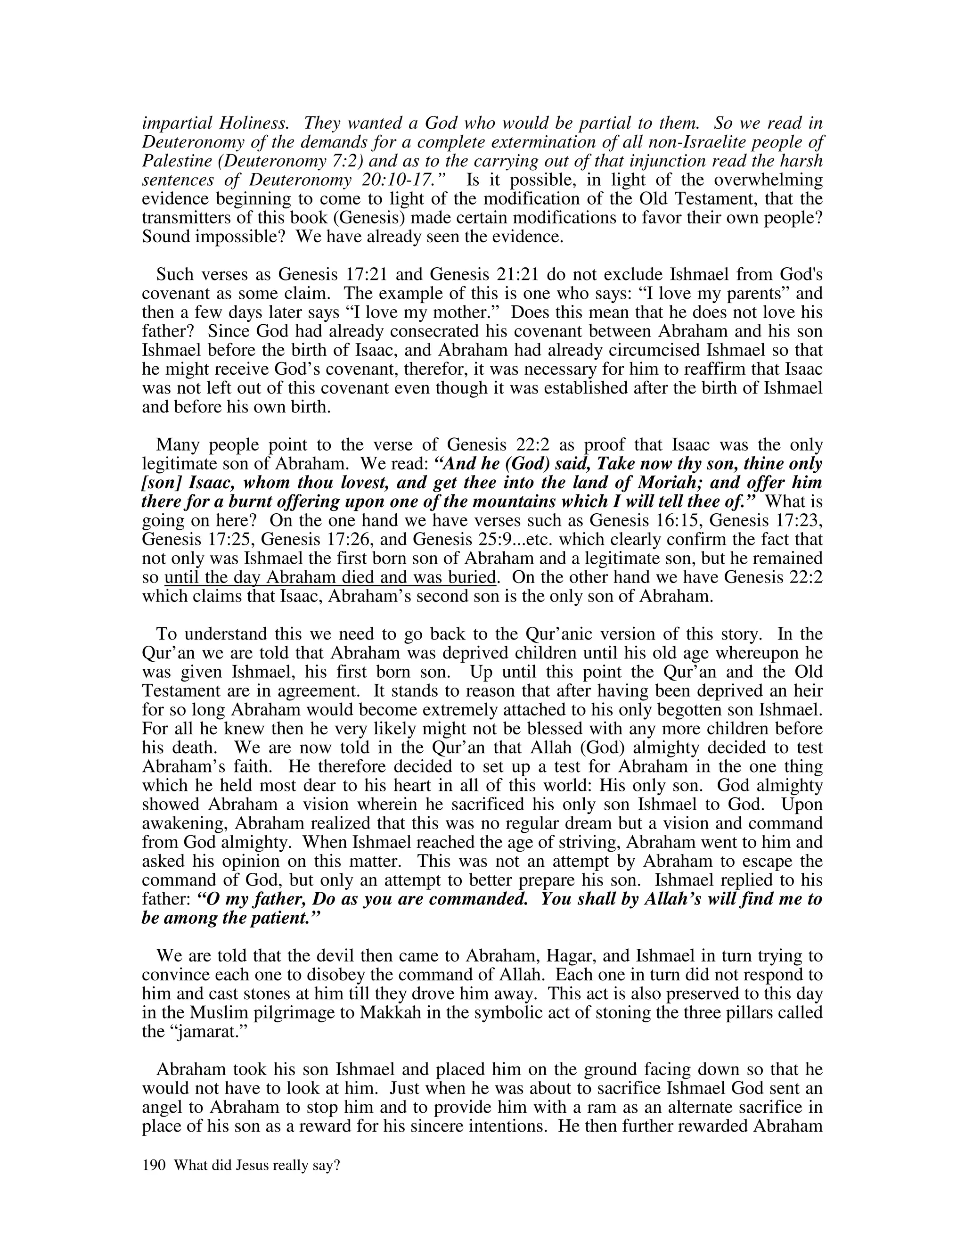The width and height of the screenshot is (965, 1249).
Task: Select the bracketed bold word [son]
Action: [x=161, y=483]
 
